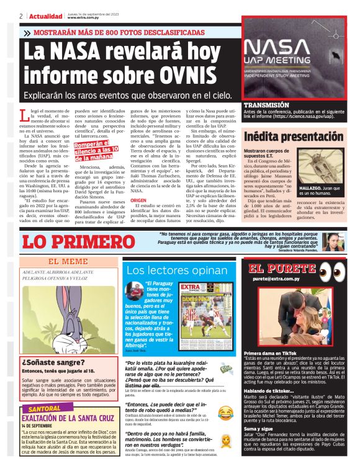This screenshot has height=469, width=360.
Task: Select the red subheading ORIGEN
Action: pyautogui.click(x=138, y=201)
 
